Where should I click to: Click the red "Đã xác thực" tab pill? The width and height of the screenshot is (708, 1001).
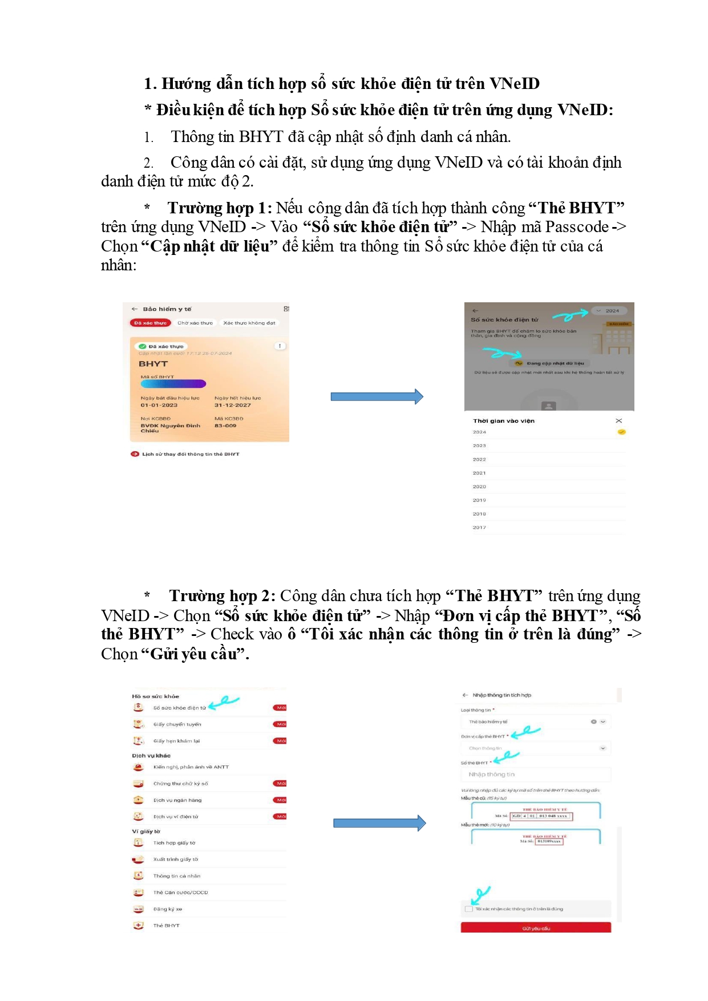click(151, 323)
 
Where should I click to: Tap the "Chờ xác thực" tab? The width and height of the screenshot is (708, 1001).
click(195, 323)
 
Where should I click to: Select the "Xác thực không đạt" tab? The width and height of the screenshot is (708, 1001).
click(249, 323)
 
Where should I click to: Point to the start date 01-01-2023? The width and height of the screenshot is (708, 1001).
click(159, 405)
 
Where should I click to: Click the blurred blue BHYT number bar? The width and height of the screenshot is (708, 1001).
click(173, 384)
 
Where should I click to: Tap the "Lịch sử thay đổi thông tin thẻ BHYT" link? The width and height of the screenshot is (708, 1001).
click(191, 454)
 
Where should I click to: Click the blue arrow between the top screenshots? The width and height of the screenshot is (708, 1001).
click(377, 396)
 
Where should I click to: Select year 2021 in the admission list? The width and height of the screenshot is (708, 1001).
click(479, 473)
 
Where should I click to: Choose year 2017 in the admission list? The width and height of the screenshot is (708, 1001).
click(479, 528)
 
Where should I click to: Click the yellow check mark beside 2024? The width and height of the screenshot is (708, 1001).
click(621, 432)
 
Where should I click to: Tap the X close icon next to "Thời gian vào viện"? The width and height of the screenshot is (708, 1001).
click(619, 421)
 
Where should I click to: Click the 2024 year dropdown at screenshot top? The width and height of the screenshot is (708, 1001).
click(609, 311)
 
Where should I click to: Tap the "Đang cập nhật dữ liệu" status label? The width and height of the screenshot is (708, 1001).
click(555, 363)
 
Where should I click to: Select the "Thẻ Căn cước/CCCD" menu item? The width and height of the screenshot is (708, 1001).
click(180, 893)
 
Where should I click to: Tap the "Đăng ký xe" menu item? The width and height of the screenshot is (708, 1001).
click(168, 909)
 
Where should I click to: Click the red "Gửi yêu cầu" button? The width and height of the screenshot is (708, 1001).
click(536, 928)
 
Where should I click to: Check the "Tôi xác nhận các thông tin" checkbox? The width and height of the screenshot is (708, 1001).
click(469, 909)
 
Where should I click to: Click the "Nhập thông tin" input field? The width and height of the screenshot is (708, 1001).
click(535, 775)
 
